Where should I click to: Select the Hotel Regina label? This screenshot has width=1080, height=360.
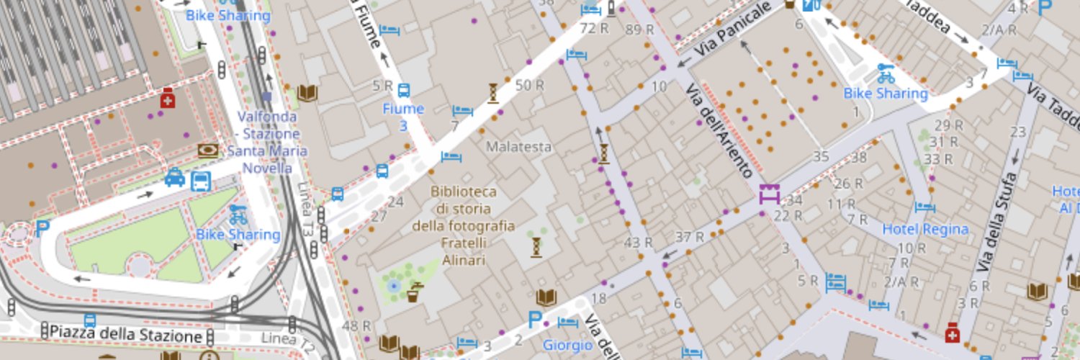point(925,230)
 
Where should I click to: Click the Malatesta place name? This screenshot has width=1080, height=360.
point(519,147)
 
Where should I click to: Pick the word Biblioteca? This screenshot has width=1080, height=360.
point(464,192)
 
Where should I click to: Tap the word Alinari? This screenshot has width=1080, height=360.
point(464,259)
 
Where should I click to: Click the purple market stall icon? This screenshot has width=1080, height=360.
point(769,194)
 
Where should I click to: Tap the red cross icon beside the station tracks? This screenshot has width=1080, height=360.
point(168,99)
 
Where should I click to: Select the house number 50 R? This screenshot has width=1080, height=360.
point(529,86)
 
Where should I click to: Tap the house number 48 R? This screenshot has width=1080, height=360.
point(356,326)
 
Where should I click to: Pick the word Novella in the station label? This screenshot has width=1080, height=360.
point(264,168)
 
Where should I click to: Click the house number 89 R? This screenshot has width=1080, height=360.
point(639,30)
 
